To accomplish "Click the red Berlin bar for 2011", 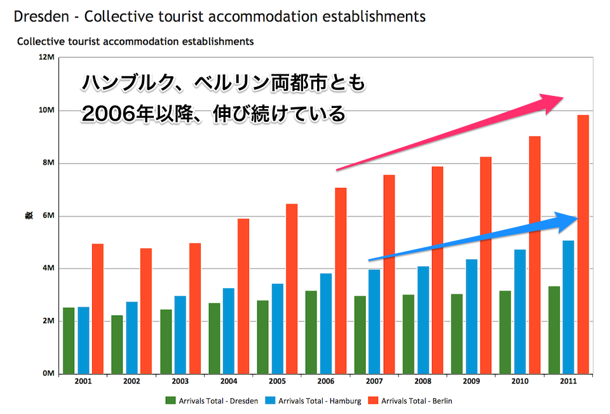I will (583, 244).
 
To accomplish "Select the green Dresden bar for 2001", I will (69, 341).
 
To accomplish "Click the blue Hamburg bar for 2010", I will (520, 312).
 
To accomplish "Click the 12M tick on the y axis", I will (47, 58).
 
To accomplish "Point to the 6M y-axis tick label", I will (48, 216).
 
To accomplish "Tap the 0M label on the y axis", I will (48, 374).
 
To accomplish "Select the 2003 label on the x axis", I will (180, 382).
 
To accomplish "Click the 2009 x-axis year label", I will (471, 382).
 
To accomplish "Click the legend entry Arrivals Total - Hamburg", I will (313, 401).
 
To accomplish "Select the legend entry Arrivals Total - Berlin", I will (411, 401).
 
